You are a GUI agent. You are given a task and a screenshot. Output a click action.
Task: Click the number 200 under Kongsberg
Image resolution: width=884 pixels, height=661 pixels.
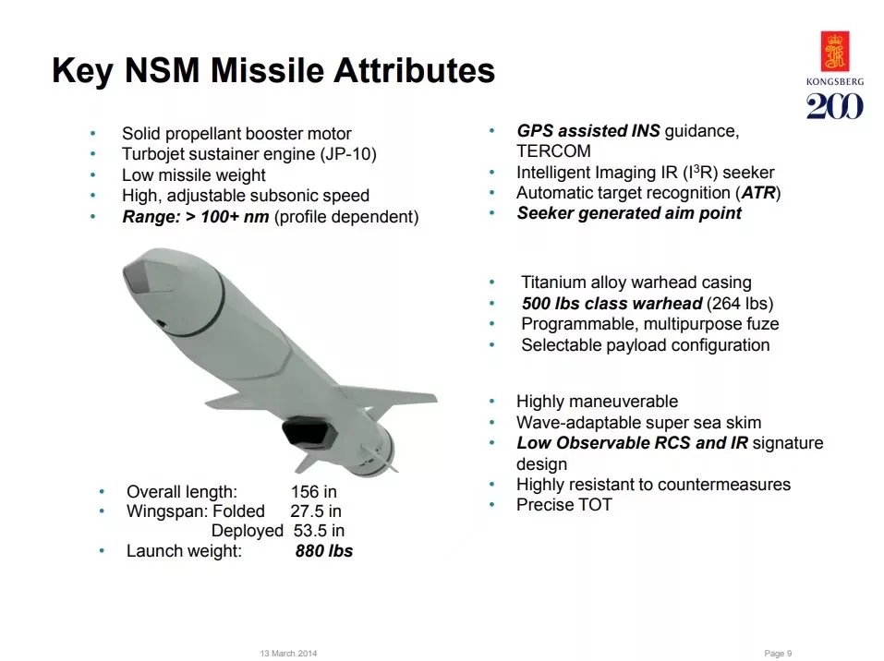click(x=835, y=106)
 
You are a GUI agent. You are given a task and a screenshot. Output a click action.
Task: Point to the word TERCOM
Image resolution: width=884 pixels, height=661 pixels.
click(x=553, y=151)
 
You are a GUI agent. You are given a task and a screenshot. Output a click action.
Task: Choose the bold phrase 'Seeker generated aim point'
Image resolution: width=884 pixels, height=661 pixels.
click(x=629, y=213)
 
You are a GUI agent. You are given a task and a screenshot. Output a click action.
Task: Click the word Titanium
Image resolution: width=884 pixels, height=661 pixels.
click(x=558, y=282)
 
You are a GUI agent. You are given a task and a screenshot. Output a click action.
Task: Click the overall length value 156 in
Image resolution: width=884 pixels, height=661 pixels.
click(x=314, y=491)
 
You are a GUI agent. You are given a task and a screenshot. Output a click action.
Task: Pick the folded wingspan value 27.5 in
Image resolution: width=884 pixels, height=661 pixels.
click(x=316, y=511)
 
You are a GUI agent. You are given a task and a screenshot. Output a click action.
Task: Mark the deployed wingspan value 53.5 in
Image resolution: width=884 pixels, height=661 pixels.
click(x=319, y=531)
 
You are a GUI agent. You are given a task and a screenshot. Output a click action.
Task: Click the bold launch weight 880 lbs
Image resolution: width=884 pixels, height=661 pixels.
click(x=323, y=552)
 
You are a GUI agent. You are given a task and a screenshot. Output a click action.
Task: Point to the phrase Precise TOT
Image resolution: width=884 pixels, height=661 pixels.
click(x=563, y=505)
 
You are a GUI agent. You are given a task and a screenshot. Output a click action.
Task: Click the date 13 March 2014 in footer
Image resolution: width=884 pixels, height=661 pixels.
click(x=289, y=654)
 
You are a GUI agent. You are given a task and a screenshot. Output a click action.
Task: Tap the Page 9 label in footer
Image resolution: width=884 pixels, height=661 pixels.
click(x=779, y=654)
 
